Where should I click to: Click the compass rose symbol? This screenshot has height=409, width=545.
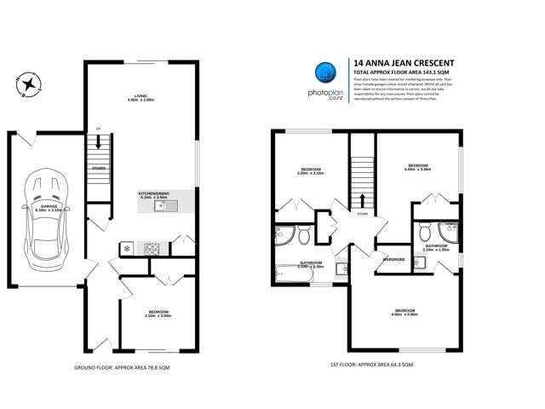pos(30,84)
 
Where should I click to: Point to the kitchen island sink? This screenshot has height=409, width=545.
pos(160,205)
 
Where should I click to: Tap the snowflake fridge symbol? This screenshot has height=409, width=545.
pos(127,248)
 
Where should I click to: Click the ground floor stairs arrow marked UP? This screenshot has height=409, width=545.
pos(99,143)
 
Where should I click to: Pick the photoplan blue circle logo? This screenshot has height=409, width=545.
pos(325,72)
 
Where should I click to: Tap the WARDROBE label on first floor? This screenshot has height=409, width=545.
pos(393,258)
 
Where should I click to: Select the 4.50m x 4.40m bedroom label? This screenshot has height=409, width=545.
pos(405,311)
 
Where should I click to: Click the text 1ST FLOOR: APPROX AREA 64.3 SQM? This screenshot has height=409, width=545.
pos(373,365)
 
